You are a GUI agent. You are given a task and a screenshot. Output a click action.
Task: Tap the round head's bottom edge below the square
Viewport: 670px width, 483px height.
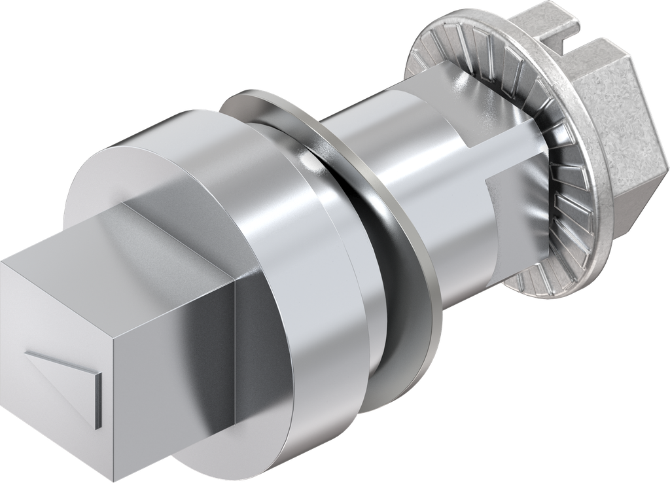click(216, 452)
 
